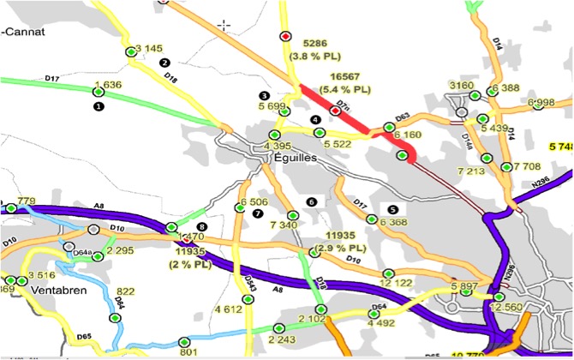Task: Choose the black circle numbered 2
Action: (x=165, y=63)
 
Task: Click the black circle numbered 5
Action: (x=393, y=208)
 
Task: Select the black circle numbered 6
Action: (x=312, y=201)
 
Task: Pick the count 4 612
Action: (x=229, y=309)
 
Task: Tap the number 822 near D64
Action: (x=126, y=291)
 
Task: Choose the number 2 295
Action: (x=120, y=250)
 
